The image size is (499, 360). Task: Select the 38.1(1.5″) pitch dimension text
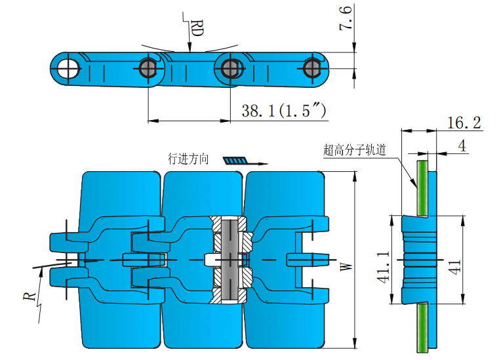[284, 111]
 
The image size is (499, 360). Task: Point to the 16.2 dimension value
[464, 123]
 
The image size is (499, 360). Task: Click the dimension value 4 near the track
[462, 146]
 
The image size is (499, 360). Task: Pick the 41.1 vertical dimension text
[383, 266]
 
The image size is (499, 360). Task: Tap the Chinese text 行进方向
[188, 159]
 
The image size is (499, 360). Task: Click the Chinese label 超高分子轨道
[354, 149]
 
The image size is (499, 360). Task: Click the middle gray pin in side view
[230, 66]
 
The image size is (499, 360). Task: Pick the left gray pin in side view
[148, 66]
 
